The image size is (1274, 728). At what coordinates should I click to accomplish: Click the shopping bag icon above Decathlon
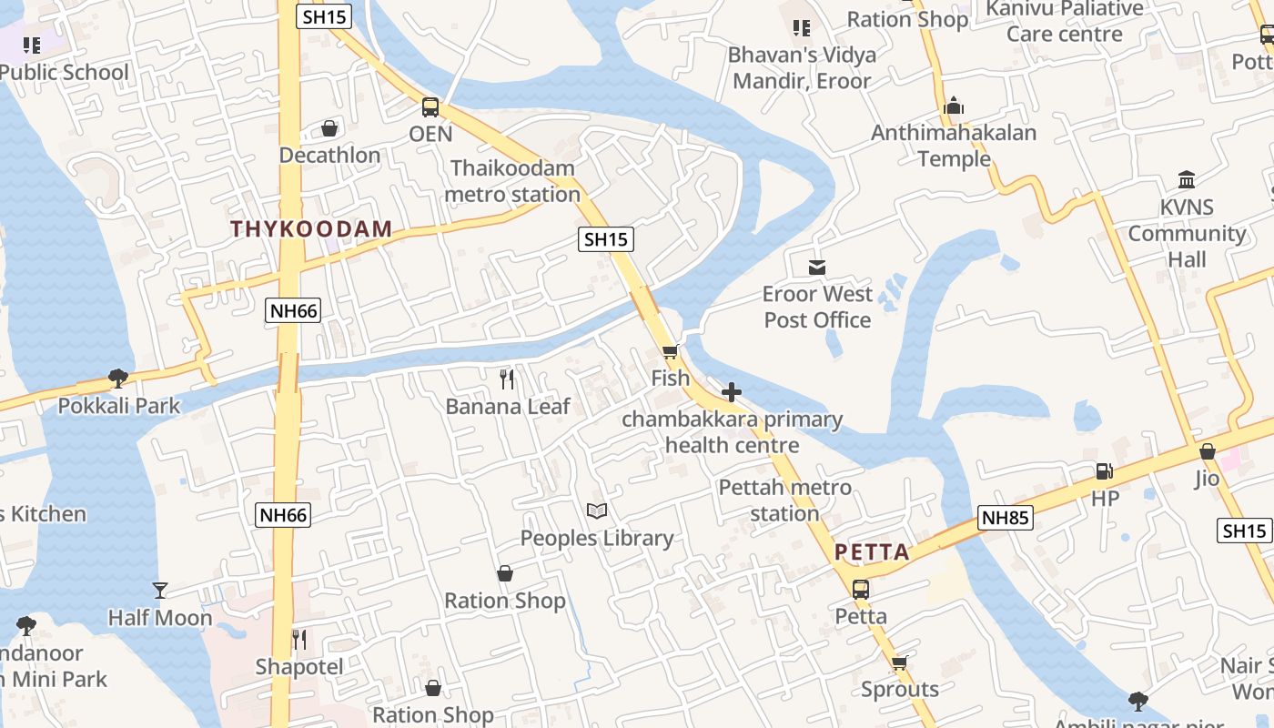click(x=329, y=128)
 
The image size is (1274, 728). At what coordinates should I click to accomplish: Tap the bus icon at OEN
click(x=430, y=107)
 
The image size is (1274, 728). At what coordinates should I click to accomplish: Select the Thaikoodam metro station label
click(x=513, y=181)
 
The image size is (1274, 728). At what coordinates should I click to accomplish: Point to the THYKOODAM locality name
click(x=311, y=229)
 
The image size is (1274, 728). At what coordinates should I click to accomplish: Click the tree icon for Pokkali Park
click(x=117, y=378)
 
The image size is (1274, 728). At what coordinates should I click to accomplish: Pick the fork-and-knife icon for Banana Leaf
click(x=508, y=379)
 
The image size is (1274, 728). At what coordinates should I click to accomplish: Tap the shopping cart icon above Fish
click(x=671, y=351)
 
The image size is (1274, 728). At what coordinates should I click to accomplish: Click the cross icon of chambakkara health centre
click(x=732, y=392)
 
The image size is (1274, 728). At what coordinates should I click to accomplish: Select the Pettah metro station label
click(x=785, y=500)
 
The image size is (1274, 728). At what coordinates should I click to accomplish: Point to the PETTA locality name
click(x=872, y=552)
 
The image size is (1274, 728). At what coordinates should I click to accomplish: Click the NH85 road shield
click(x=1006, y=519)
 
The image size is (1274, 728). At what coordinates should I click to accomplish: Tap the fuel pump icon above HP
click(x=1105, y=471)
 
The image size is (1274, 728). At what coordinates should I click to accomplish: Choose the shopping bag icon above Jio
click(x=1208, y=451)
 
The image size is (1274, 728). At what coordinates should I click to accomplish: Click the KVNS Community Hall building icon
click(x=1187, y=179)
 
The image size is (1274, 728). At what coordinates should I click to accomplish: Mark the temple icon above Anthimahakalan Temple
click(x=954, y=106)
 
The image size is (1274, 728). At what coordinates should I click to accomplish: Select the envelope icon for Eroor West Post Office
click(x=817, y=268)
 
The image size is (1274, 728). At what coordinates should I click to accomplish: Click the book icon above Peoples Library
click(x=597, y=511)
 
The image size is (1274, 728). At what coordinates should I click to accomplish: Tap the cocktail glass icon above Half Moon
click(x=160, y=591)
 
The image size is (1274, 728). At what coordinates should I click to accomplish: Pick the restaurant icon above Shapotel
click(x=298, y=640)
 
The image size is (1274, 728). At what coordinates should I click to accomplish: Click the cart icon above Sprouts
click(x=900, y=662)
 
